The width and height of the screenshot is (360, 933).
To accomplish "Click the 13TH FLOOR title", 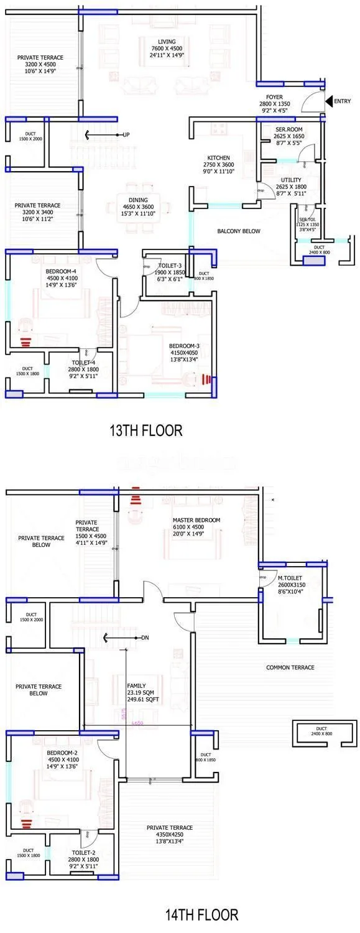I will tap(145, 430).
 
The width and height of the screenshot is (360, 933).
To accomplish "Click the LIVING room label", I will tap(152, 41).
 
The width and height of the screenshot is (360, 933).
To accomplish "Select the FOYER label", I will tap(274, 97).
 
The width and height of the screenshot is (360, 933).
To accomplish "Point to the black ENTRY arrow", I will tap(329, 101).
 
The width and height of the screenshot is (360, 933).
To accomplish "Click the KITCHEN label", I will tap(219, 157).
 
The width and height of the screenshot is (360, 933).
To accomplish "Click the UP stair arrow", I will tap(93, 134).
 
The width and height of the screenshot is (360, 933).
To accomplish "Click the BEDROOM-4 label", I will tap(60, 271).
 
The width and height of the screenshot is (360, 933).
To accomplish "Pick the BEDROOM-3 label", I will tap(184, 346).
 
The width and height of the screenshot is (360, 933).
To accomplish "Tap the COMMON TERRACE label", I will tap(290, 667).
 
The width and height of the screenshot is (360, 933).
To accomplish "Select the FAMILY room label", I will tap(136, 668).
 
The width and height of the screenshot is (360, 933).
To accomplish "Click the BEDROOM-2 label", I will tap(62, 752).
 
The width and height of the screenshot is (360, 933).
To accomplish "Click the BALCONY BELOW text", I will tap(238, 231).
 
